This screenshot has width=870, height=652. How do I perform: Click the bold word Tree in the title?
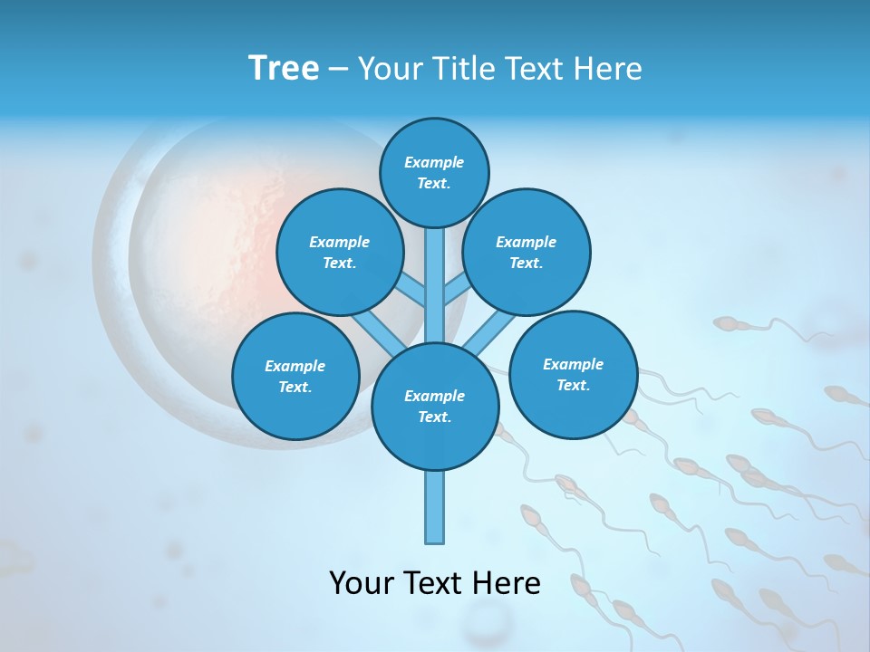[x=284, y=68]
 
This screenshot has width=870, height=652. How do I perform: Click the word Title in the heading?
[x=466, y=68]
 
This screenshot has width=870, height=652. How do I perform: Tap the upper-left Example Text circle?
[x=340, y=253]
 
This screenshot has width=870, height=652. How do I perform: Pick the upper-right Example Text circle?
[x=527, y=253]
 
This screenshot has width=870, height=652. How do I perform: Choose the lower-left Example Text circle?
[x=295, y=377]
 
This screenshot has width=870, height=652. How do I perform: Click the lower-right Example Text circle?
[x=573, y=375]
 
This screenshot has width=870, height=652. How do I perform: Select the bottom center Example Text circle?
[x=434, y=407]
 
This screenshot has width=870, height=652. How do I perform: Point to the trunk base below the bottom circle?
[x=435, y=507]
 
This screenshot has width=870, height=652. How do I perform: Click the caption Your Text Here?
[x=434, y=583]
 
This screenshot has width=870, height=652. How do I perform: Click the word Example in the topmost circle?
[x=434, y=162]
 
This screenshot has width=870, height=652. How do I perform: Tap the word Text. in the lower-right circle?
[x=573, y=385]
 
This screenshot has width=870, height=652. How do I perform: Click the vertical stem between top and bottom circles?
[x=435, y=281]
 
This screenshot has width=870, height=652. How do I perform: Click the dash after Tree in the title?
[x=337, y=69]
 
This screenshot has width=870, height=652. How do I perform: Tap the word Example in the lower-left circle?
[x=295, y=366]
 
